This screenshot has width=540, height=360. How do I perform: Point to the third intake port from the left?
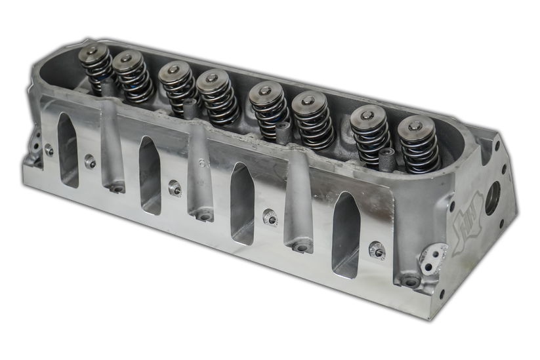(242, 203)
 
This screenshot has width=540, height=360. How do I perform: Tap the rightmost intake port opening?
(346, 236)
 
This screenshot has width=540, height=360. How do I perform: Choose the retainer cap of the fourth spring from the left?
(212, 80)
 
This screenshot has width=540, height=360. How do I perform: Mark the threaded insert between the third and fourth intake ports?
(269, 217)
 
